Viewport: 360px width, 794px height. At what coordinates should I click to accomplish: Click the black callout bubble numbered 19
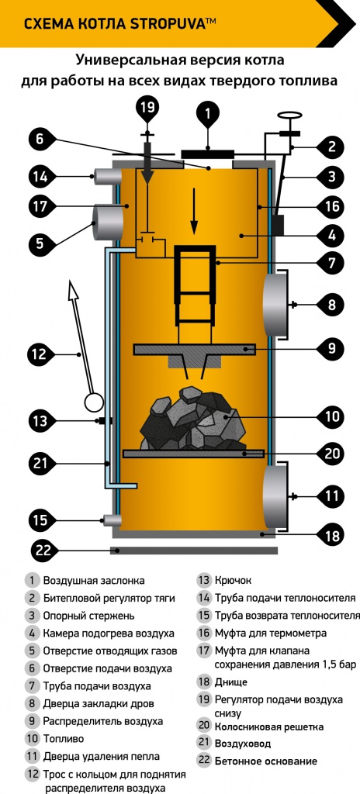pos(148,107)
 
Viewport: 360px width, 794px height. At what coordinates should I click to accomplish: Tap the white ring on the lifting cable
pos(94,403)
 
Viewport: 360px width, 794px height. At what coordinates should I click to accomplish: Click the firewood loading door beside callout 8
pos(275,304)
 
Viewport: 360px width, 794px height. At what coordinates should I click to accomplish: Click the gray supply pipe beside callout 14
pos(106,176)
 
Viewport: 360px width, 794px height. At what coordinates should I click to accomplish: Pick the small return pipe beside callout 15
pos(112,520)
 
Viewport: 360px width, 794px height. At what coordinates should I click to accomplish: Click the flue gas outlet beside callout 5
pos(107,222)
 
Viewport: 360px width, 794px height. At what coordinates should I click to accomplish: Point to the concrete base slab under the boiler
pos(194,551)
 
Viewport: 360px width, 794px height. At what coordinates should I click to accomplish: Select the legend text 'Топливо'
pos(64,739)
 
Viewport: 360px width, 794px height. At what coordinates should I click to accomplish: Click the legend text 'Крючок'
pos(233,580)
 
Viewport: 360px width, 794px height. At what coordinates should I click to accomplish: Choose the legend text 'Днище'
pos(230,682)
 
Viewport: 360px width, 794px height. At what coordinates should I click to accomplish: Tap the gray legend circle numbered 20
pos(204,725)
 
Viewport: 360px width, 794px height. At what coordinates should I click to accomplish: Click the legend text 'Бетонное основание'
pos(265,761)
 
